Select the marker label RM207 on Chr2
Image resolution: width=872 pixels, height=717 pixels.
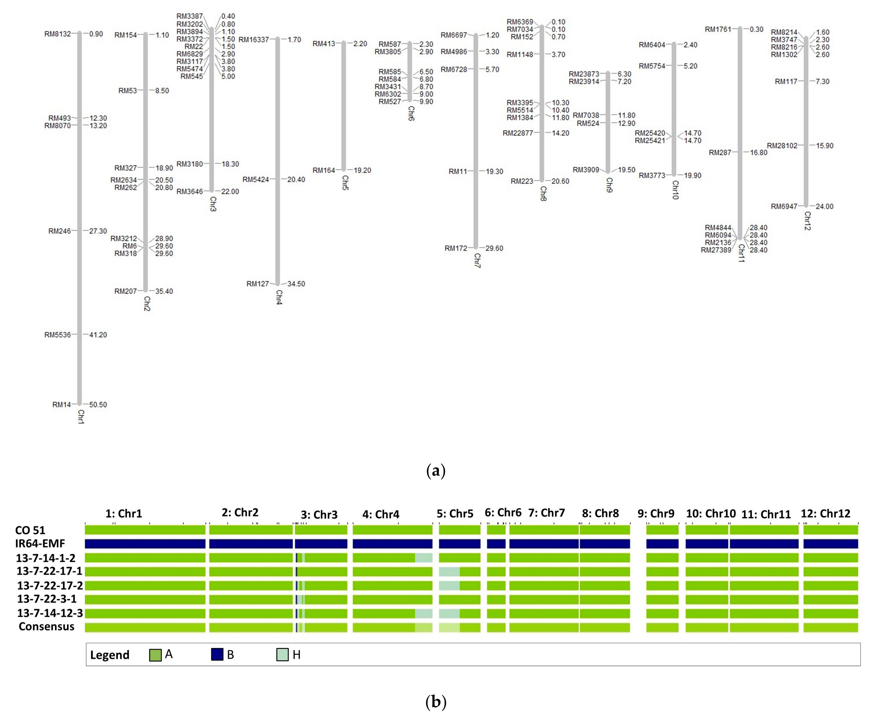[x=126, y=291]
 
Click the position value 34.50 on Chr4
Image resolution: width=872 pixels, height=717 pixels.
[x=296, y=284]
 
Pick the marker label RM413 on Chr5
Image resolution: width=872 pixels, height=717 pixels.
[x=324, y=43]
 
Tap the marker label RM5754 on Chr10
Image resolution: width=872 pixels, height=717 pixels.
[x=652, y=66]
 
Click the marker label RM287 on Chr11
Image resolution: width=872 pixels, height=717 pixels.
[x=720, y=152]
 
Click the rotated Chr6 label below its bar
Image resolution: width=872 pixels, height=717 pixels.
[x=411, y=113]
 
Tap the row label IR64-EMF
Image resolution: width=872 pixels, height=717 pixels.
[x=40, y=544]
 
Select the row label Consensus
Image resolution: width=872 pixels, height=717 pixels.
[x=47, y=627]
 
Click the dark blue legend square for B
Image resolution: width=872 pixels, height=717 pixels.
[x=217, y=655]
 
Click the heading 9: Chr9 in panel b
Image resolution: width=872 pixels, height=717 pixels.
[x=656, y=513]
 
